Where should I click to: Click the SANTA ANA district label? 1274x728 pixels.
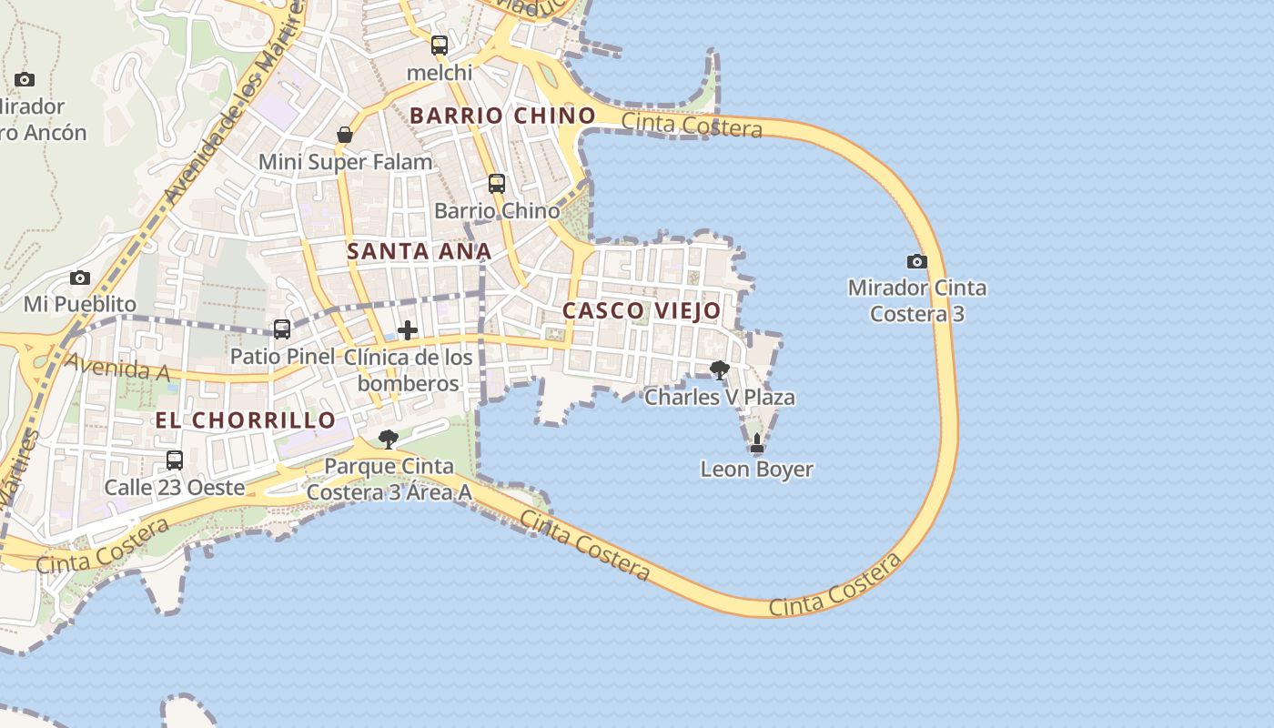point(420,251)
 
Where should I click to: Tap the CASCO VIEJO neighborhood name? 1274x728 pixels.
point(642,310)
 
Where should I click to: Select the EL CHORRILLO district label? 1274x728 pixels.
point(246,420)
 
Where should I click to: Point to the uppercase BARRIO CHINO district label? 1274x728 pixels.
point(502,116)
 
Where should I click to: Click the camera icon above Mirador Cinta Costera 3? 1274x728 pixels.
point(917,262)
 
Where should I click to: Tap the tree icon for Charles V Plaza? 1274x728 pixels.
point(720,369)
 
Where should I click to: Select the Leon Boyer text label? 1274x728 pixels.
point(756,470)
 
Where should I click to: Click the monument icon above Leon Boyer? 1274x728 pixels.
point(757,444)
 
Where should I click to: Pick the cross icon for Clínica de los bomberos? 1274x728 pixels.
point(408,329)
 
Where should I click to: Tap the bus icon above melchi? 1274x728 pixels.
point(440,45)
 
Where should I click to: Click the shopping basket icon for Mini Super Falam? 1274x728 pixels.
point(345,135)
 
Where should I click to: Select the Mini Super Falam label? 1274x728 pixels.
point(346,162)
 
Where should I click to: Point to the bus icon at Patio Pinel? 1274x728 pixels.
point(282,329)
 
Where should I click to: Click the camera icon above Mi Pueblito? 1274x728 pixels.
point(80,278)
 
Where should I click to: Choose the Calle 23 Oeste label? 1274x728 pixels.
point(175,487)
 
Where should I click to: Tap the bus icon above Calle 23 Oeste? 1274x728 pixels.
point(175,460)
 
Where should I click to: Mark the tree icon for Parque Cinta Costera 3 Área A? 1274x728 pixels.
point(389,440)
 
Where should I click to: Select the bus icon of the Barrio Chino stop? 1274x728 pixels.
point(497,184)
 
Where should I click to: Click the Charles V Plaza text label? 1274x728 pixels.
point(720,397)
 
